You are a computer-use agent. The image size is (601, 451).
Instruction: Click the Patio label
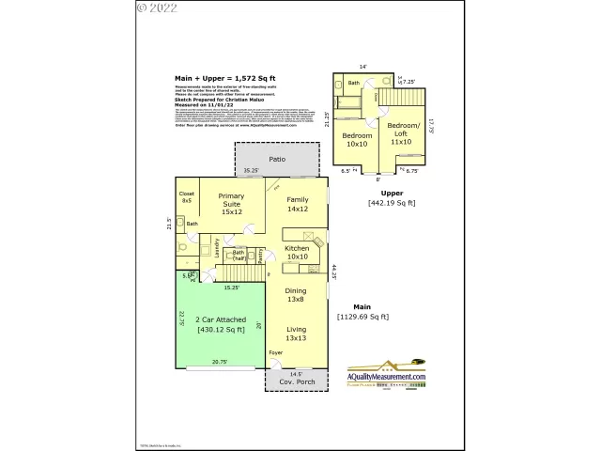(277, 159)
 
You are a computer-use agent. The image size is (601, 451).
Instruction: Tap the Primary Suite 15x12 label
(231, 204)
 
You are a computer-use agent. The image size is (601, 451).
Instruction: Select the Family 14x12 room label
(298, 204)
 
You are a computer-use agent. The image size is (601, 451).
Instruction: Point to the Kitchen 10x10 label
(297, 252)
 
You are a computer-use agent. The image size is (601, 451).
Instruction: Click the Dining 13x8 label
(296, 295)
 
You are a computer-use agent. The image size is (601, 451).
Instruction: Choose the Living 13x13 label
(296, 334)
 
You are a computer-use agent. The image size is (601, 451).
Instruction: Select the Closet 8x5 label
(186, 197)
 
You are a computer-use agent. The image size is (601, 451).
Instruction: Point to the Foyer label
(275, 353)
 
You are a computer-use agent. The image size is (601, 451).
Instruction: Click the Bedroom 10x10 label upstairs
(358, 140)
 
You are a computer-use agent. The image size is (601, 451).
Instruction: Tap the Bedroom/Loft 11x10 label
(403, 135)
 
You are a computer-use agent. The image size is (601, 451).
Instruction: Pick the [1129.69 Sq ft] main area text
(362, 317)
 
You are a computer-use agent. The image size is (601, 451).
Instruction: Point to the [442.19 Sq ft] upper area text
(392, 202)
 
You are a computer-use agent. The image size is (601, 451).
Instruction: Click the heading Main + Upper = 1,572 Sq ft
(224, 78)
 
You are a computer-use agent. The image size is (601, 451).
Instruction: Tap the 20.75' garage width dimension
(219, 362)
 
